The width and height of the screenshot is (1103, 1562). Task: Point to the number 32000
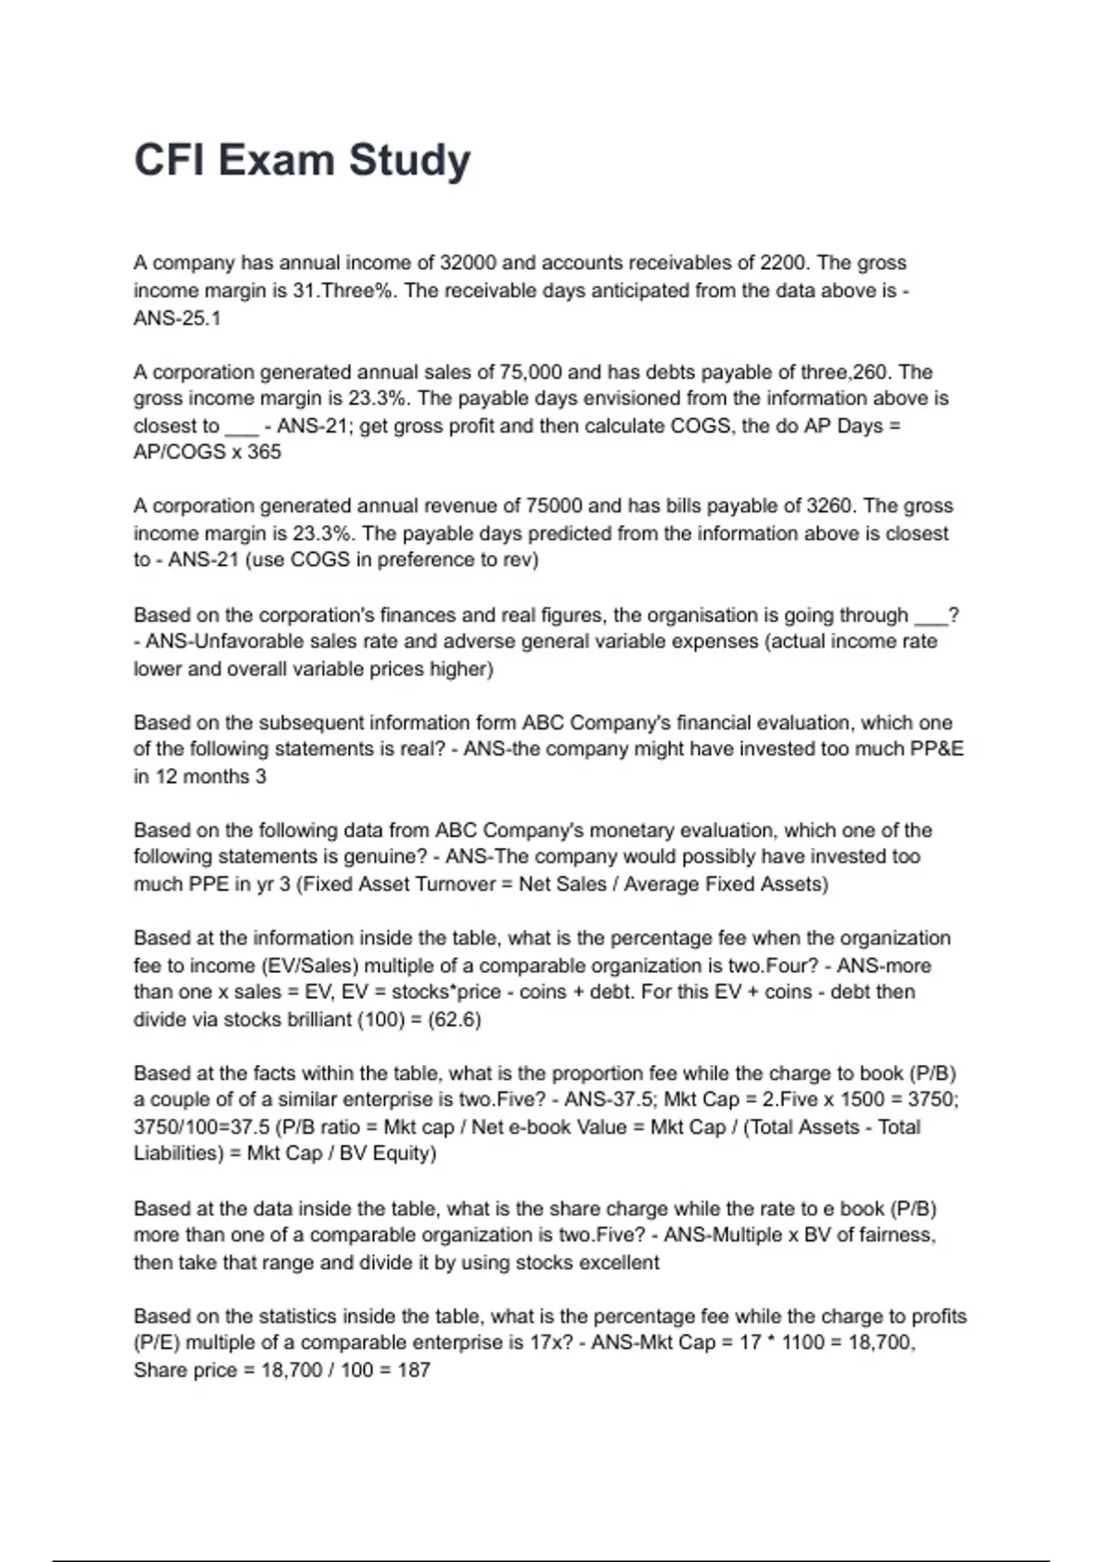468,263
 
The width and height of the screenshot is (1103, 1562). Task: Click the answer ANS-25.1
177,318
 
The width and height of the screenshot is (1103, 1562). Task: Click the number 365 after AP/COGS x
264,452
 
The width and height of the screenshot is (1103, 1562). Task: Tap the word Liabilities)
179,1153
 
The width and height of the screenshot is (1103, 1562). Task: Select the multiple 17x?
551,1342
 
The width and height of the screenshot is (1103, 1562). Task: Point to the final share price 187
415,1370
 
